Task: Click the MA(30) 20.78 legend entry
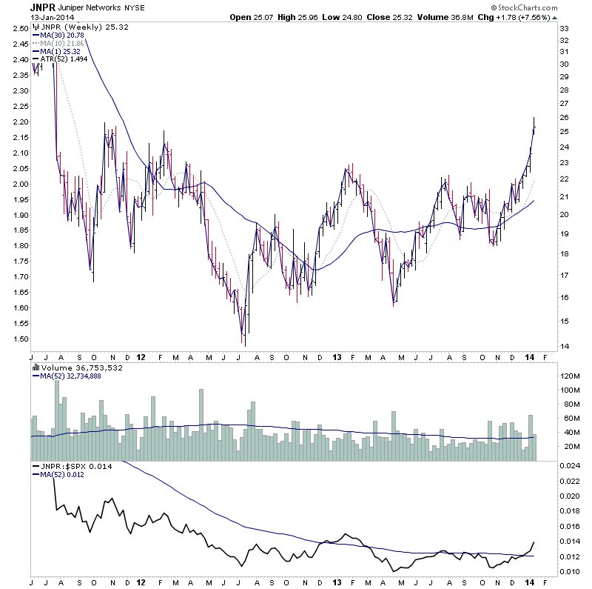tap(61, 36)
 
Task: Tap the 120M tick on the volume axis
tap(568, 376)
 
